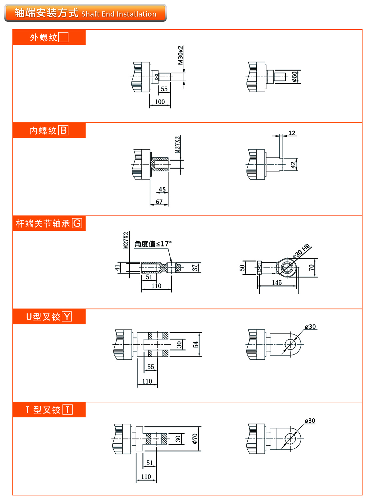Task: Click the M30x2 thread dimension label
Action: [x=180, y=55]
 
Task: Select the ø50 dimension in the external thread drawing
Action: [x=294, y=77]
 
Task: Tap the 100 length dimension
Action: [x=160, y=102]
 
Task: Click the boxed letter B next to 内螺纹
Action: [x=63, y=130]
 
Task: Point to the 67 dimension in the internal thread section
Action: [x=159, y=202]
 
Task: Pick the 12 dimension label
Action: [x=292, y=133]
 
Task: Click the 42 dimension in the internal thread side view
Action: [x=293, y=165]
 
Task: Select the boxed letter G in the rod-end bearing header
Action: [x=77, y=223]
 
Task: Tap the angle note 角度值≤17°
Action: [x=153, y=244]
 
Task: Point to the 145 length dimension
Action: [x=277, y=283]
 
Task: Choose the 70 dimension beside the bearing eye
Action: [x=311, y=267]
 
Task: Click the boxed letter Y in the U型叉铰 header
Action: [x=67, y=316]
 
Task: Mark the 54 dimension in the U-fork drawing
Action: [x=196, y=344]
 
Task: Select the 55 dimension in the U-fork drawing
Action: [x=151, y=367]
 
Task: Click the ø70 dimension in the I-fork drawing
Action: [x=195, y=439]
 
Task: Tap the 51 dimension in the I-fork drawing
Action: [x=150, y=463]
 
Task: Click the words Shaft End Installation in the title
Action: [x=119, y=14]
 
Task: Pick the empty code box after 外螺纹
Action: [x=63, y=37]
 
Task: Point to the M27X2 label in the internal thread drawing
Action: [x=177, y=144]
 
